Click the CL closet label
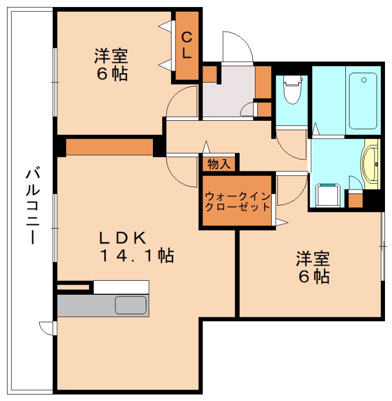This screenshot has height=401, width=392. point(186,45)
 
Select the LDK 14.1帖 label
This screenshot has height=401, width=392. point(136,246)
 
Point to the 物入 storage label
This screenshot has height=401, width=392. point(219,164)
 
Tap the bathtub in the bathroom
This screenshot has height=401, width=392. point(362,100)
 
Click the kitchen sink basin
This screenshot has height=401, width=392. point(131,305)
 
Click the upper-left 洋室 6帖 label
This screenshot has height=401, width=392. point(111,64)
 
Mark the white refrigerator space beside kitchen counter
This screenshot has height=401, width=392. point(121,287)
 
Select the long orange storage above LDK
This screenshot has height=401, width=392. point(109,147)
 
